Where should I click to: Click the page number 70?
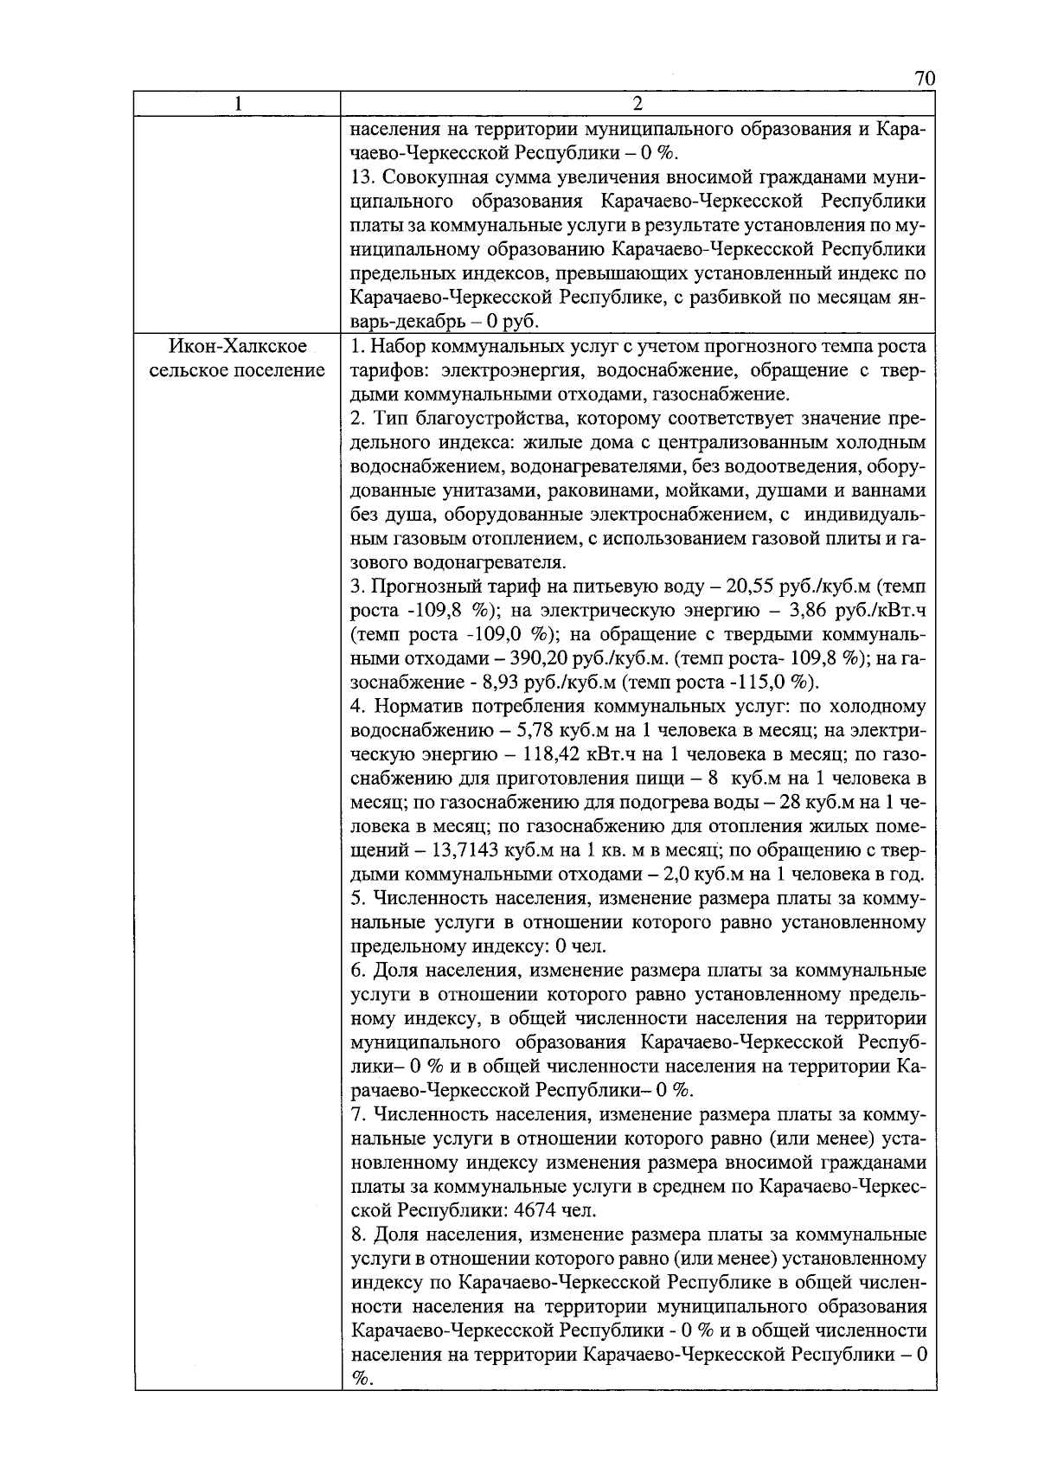coord(924,80)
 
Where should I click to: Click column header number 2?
coord(638,104)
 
